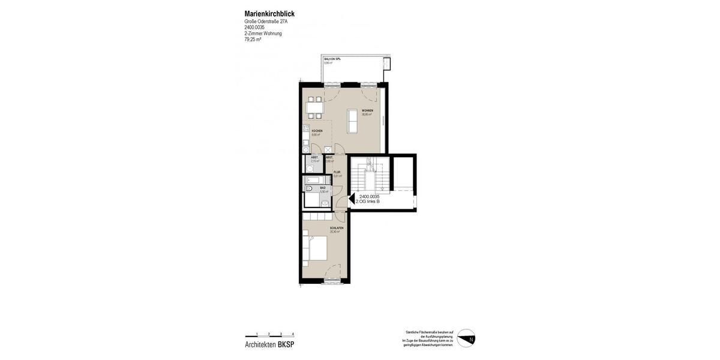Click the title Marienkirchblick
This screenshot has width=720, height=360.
tap(269, 14)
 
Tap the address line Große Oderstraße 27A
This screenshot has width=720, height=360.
tap(266, 22)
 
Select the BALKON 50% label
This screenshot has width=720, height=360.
tap(332, 59)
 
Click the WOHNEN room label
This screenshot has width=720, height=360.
tap(367, 111)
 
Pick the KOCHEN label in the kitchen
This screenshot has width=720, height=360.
tap(317, 131)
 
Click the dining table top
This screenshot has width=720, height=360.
tap(314, 107)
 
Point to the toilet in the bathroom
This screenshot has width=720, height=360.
tap(308, 189)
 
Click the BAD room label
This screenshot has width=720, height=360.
tap(323, 188)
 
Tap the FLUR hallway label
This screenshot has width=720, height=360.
tap(337, 172)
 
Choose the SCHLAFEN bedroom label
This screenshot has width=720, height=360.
tap(337, 228)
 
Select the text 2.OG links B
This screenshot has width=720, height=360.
tap(368, 202)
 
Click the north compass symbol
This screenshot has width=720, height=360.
tap(466, 338)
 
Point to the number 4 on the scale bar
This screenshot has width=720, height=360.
tap(293, 334)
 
